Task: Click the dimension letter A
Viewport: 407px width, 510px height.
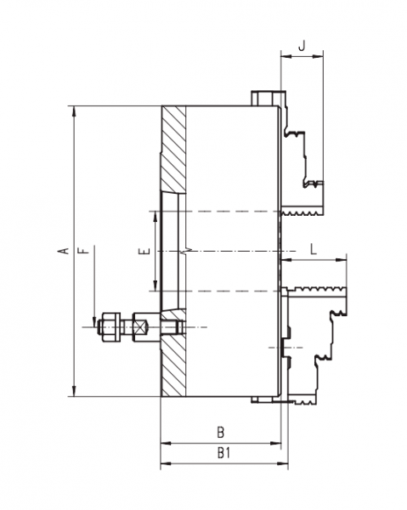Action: (65, 251)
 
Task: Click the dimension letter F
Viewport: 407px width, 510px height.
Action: (84, 251)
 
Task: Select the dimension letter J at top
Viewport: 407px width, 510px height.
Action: (302, 46)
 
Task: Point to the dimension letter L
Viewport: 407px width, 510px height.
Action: (313, 249)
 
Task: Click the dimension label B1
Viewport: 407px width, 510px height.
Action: (223, 452)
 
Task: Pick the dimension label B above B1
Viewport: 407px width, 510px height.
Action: (221, 433)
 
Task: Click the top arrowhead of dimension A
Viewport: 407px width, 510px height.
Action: (75, 111)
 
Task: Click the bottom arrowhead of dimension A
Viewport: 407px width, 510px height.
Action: (75, 391)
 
